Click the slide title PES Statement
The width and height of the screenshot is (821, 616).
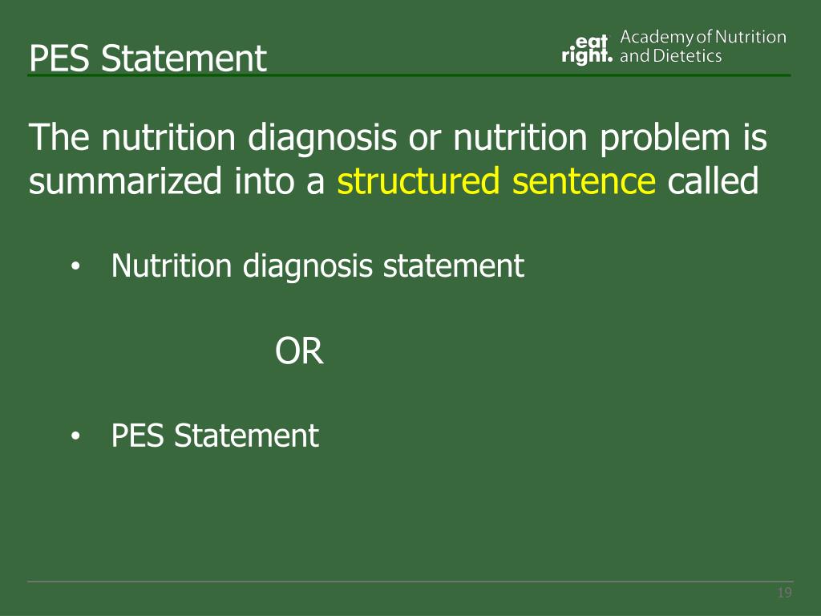[x=148, y=59]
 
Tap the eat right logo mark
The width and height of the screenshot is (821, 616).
[x=587, y=48]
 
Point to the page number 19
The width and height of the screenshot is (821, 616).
[x=784, y=594]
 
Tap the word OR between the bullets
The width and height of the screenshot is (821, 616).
[x=300, y=351]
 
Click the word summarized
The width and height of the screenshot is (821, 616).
[x=125, y=182]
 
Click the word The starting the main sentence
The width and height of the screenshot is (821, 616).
[x=60, y=140]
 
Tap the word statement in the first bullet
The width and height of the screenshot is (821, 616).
[x=454, y=265]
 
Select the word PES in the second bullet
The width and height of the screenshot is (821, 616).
[x=139, y=436]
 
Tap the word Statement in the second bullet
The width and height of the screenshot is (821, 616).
[x=247, y=436]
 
